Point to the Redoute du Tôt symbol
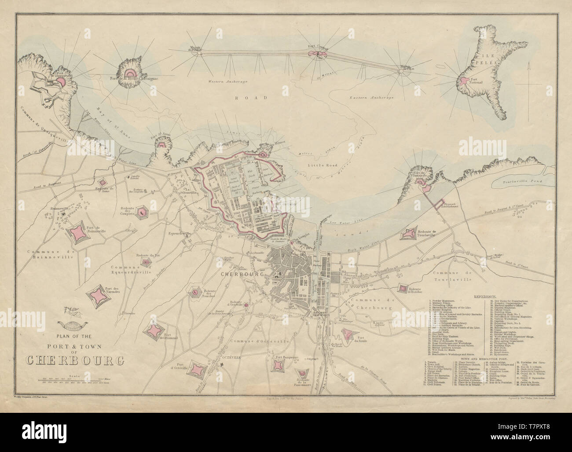pyautogui.click(x=145, y=262)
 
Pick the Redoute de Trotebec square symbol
pyautogui.click(x=402, y=289)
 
